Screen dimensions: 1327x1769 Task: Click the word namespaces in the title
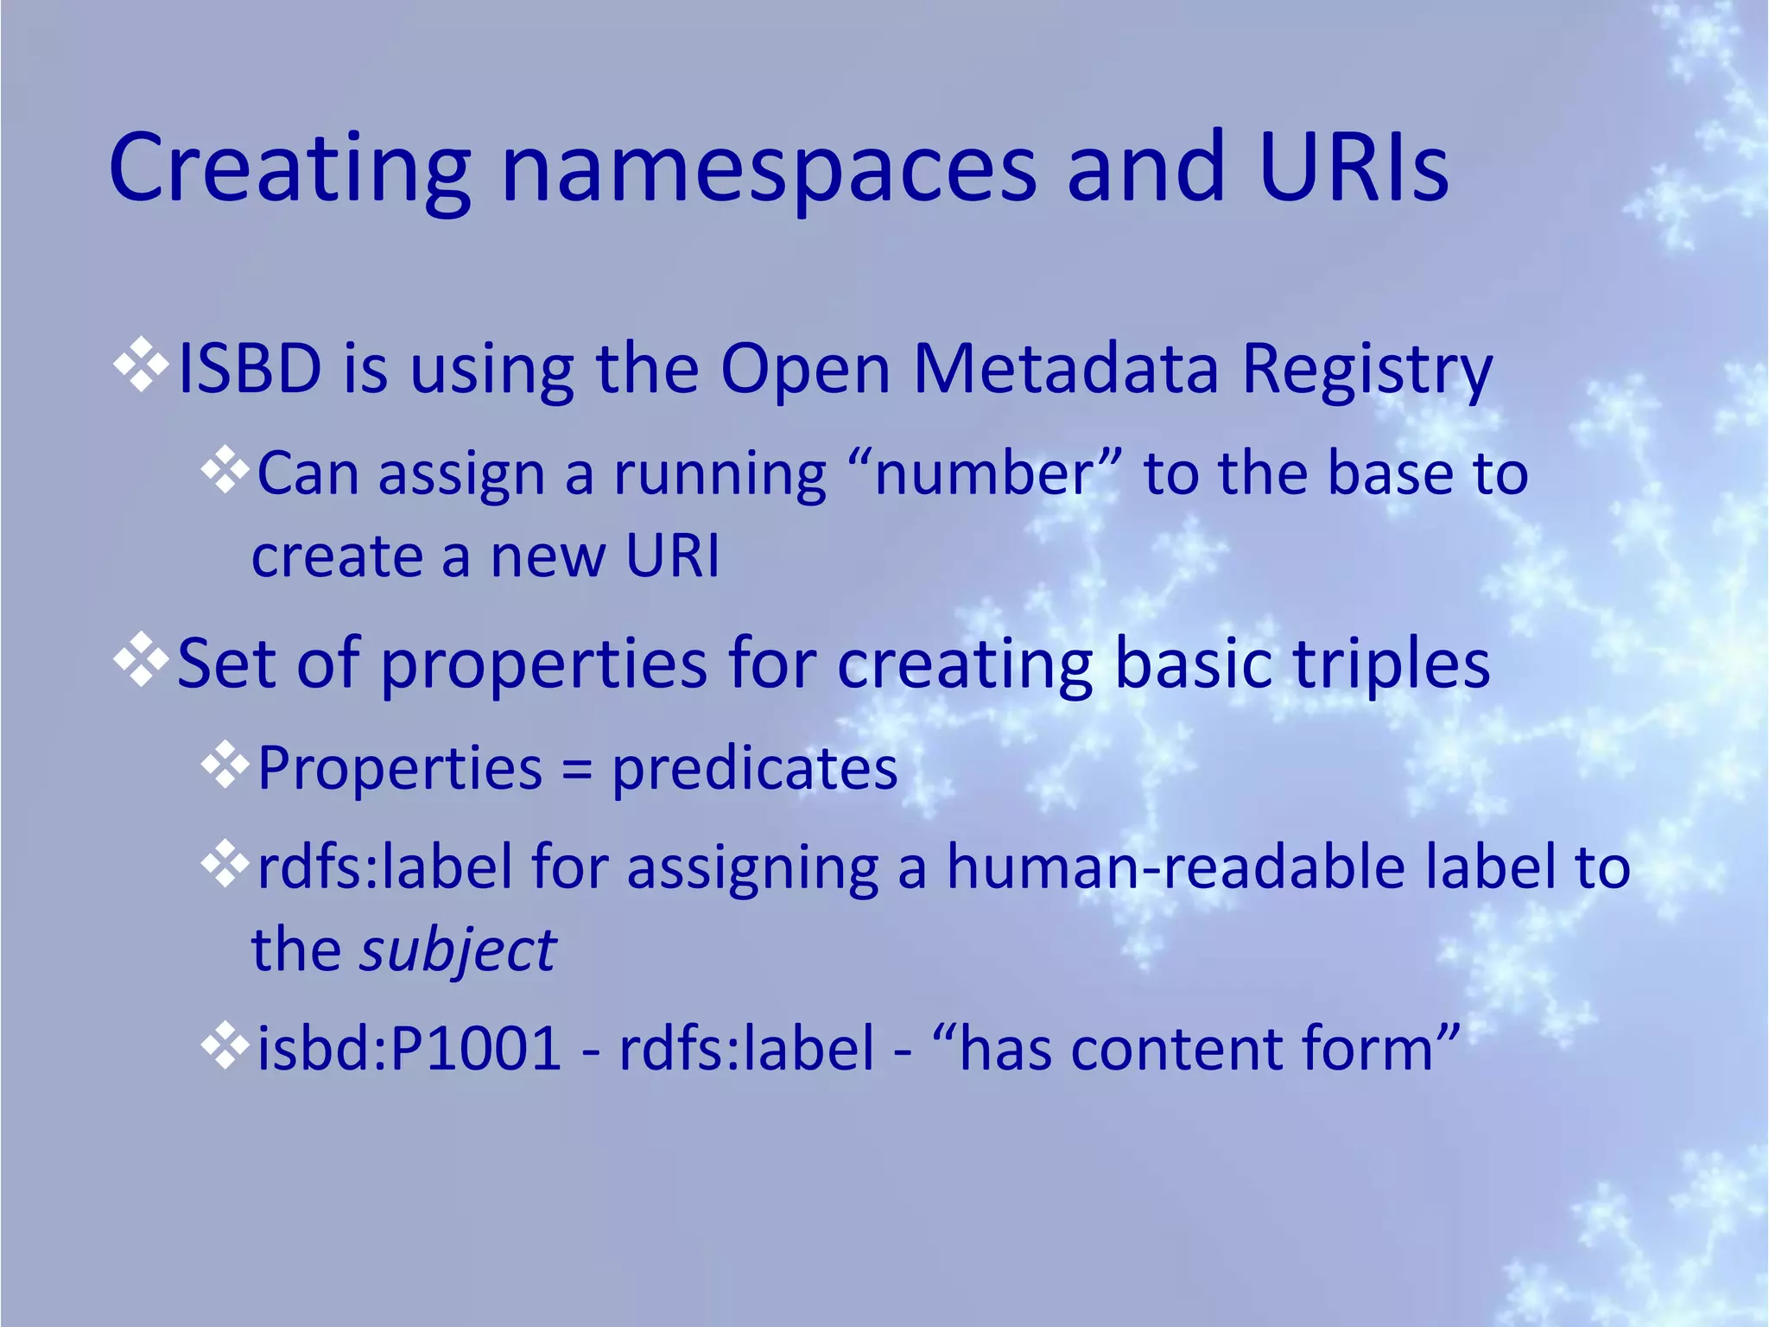pos(769,168)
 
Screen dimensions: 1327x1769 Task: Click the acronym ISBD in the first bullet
pos(250,369)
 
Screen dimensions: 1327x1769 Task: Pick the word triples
pos(1390,664)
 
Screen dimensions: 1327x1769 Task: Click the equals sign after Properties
pos(576,769)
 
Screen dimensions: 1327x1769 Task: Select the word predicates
pos(754,769)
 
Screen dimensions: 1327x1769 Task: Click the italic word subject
pos(458,951)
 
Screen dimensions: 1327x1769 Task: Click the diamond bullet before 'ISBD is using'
pos(141,366)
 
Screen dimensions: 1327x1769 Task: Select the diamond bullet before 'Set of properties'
pos(141,660)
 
